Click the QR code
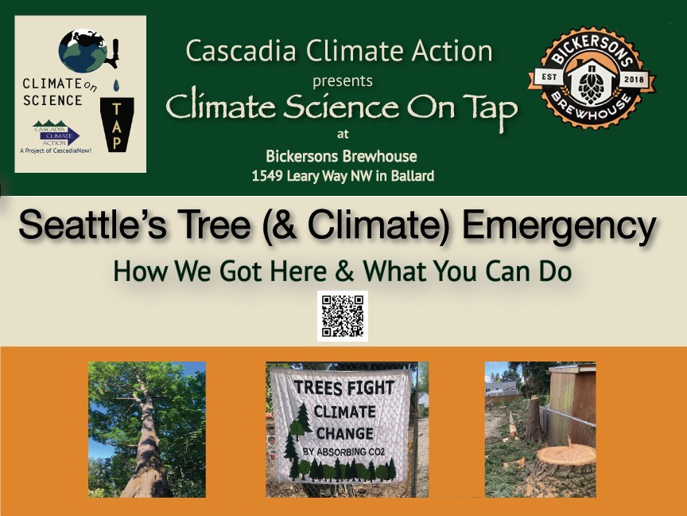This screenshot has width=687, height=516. pos(343,316)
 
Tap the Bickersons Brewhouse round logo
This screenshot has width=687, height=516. pos(592,79)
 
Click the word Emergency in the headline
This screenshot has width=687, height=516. pos(559,226)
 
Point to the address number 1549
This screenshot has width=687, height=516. pos(267,176)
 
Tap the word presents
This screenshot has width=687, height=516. pos(343,81)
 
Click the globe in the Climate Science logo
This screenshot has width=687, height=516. pos(83,51)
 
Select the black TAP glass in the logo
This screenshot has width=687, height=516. pos(117,124)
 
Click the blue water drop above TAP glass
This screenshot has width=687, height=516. pos(116,85)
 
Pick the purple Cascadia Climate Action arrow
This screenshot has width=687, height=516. pos(56,135)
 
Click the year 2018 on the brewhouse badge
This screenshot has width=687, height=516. pos(634,79)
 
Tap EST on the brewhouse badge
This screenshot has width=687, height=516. pos(549,77)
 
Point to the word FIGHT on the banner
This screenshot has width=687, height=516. pos(367,389)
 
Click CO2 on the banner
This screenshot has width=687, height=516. pos(376,451)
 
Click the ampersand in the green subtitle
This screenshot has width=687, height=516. pos(345,272)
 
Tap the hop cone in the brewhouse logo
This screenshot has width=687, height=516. pos(592,86)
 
